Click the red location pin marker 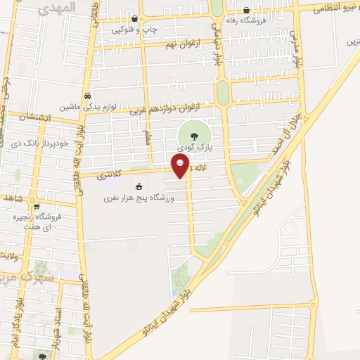click(x=181, y=166)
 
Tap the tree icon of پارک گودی click(x=194, y=136)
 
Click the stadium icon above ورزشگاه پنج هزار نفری click(x=139, y=186)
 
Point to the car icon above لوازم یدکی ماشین click(x=86, y=95)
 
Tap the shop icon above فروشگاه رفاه click(x=246, y=10)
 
